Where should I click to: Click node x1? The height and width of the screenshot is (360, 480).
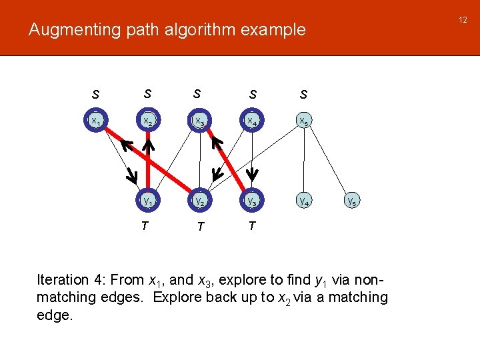(x=97, y=121)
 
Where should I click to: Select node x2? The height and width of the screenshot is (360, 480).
(x=149, y=121)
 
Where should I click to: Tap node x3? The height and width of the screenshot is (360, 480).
(x=199, y=121)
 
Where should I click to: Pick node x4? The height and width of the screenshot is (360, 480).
(x=251, y=121)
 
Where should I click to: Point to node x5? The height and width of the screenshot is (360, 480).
(x=303, y=121)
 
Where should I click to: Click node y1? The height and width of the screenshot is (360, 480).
(x=148, y=199)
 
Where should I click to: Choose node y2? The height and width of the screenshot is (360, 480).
(x=199, y=199)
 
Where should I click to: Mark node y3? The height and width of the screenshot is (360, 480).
(x=251, y=199)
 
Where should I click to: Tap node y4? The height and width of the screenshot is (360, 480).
(x=303, y=199)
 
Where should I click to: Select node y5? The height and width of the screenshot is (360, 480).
(x=355, y=199)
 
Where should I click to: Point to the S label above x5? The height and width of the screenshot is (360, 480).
(x=303, y=95)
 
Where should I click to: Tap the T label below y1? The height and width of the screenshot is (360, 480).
(x=145, y=225)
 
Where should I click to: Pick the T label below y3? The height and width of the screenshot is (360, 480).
(x=251, y=225)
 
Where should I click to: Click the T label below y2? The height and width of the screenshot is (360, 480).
(x=198, y=227)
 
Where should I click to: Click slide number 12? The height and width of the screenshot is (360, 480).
(x=463, y=20)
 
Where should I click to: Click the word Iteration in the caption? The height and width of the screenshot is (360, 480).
(x=63, y=280)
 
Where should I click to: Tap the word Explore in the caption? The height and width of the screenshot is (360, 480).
(x=178, y=297)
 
